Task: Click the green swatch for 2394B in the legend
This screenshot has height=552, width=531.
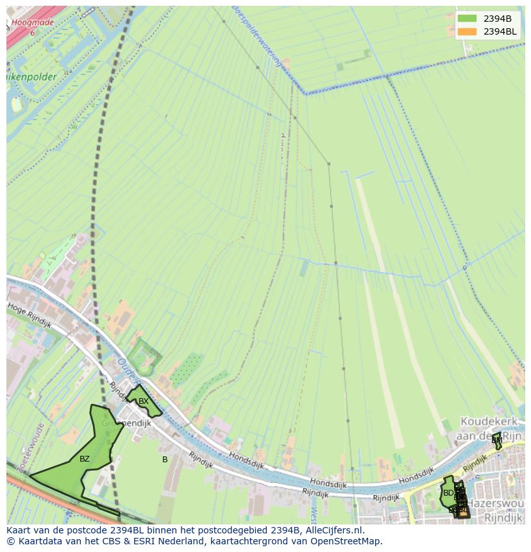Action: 467,18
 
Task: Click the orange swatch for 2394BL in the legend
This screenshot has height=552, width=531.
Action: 467,31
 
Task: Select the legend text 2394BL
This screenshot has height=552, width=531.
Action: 500,31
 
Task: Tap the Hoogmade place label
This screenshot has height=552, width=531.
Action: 33,22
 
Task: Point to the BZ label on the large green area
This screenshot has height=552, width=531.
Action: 85,459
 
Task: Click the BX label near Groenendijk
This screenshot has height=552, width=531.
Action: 144,401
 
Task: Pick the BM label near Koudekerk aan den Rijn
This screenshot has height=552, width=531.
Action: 496,440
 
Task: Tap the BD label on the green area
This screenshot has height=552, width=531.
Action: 448,493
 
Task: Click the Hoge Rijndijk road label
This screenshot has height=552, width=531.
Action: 29,315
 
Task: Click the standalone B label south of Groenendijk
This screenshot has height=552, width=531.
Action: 165,460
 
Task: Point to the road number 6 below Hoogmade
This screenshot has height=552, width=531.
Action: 32,32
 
